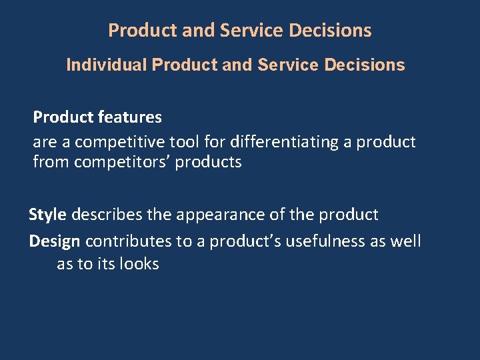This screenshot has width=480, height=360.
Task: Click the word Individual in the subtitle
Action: coord(107,65)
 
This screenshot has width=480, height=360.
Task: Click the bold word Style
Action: coord(47,215)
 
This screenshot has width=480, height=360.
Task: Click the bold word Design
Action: coord(55,241)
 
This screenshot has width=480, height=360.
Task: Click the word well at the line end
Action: coord(407,241)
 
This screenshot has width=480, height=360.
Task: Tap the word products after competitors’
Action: coord(208,162)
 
